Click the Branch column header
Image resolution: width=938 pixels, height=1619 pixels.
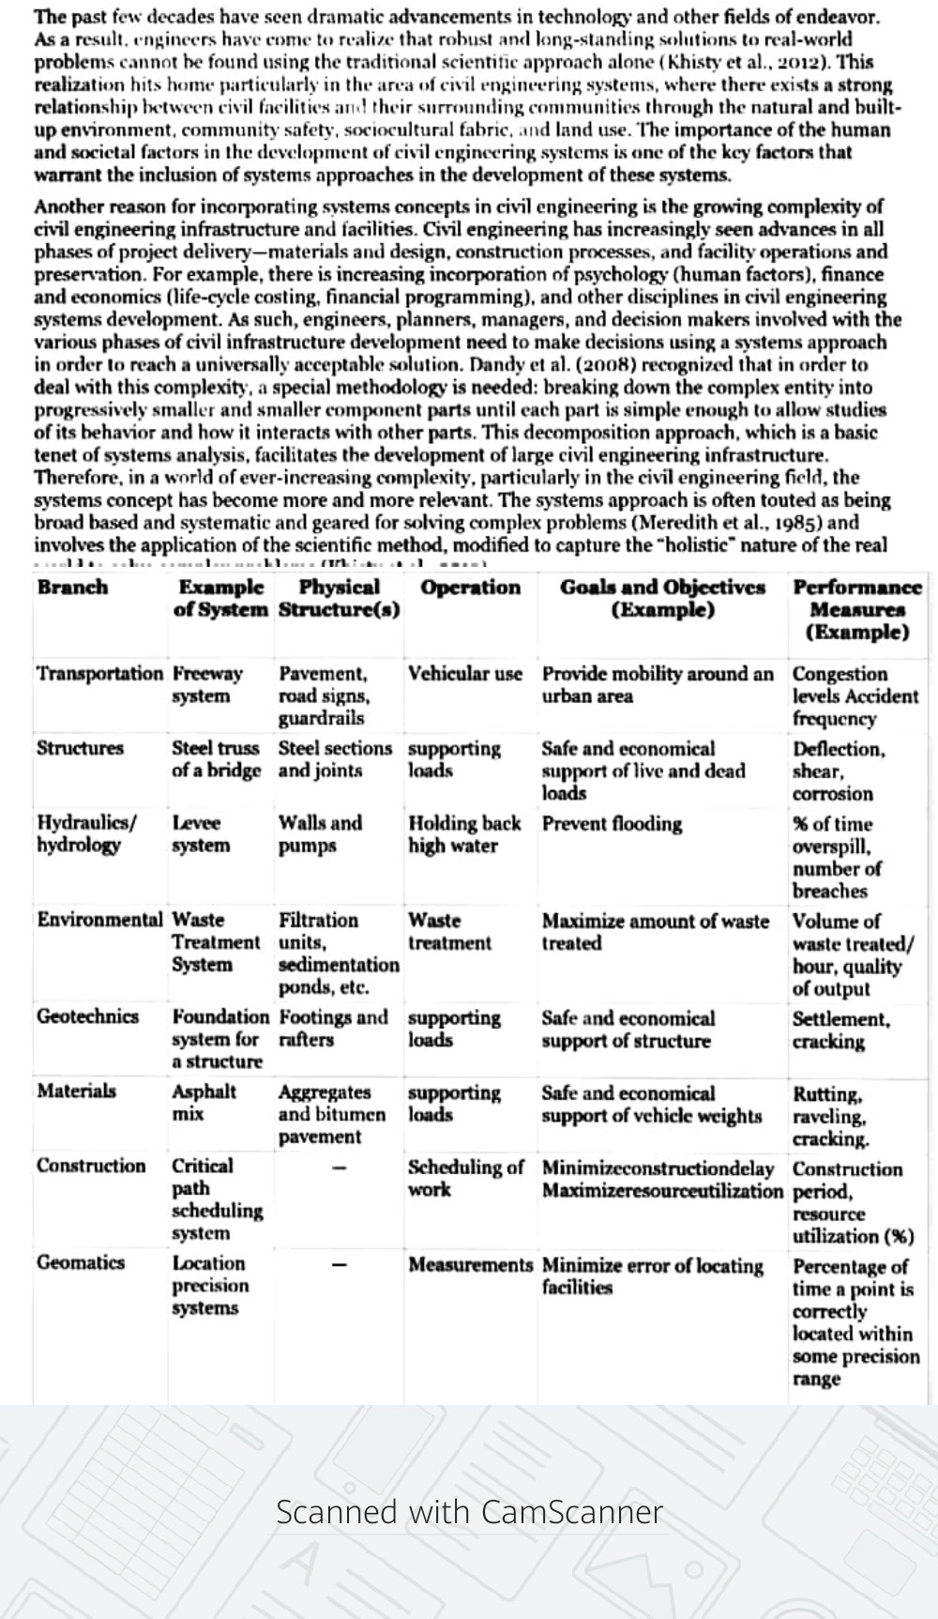pos(72,588)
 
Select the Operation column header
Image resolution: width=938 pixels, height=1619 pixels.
pos(470,588)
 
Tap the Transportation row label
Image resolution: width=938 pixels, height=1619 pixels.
pos(99,674)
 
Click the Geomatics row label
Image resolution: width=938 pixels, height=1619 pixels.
pos(81,1262)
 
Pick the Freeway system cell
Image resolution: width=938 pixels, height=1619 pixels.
pos(207,685)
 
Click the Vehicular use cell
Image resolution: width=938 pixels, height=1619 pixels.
pos(465,674)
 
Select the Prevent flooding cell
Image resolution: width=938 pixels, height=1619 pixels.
pos(612,824)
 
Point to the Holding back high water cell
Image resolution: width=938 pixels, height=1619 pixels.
pos(463,834)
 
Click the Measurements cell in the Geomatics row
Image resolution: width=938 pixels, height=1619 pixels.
pos(470,1265)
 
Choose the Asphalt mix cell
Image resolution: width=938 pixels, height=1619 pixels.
pos(204,1104)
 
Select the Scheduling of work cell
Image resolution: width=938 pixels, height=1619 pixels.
pos(465,1179)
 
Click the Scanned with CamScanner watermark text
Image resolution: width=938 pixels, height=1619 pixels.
pos(469,1512)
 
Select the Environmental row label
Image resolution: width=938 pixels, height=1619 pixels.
pos(99,920)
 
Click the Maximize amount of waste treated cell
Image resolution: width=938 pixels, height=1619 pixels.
pos(655,932)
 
